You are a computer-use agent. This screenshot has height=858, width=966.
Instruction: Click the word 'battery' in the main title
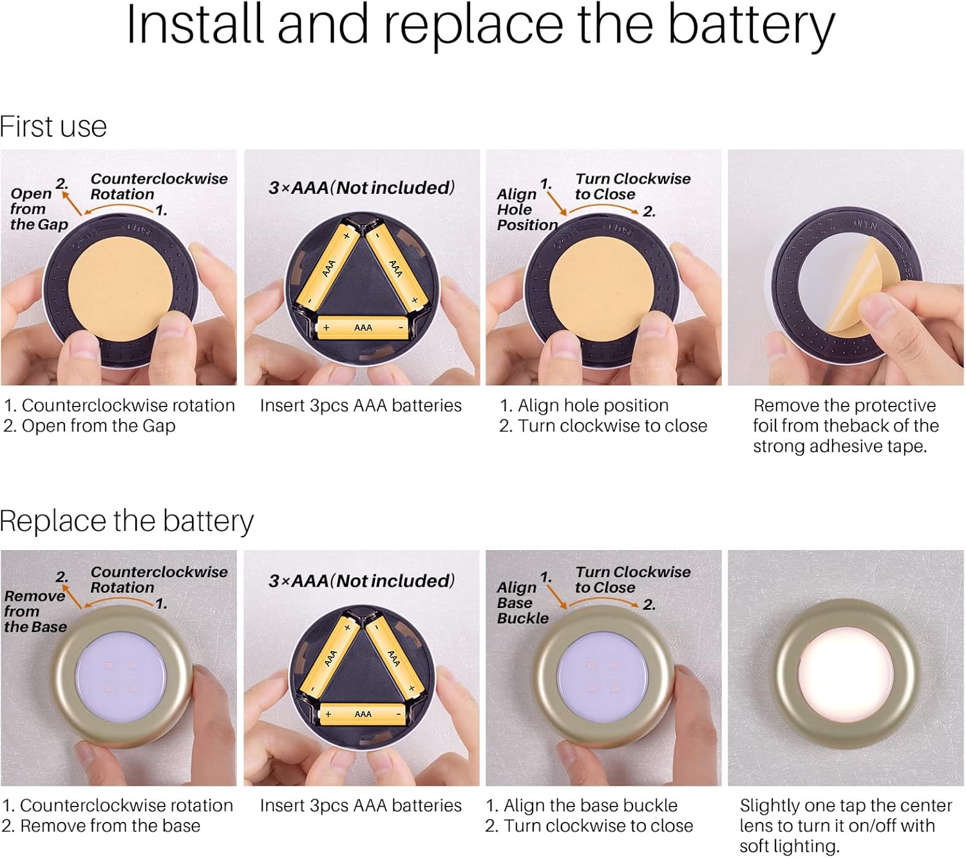(752, 26)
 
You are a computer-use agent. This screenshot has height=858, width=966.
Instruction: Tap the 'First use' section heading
(53, 126)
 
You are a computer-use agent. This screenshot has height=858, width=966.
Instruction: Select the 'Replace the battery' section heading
(126, 521)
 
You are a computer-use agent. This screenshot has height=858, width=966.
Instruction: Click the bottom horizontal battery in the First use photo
(363, 328)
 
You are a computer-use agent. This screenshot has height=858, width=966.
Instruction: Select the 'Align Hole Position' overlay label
(527, 209)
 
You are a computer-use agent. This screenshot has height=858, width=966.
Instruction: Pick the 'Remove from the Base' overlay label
(35, 611)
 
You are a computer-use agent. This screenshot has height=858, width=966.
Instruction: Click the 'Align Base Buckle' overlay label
(522, 603)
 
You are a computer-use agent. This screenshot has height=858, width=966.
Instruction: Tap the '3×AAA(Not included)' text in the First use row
(361, 188)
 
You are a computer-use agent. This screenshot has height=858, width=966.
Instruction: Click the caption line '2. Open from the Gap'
(89, 426)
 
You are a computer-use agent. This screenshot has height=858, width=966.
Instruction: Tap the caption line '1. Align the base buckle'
(582, 806)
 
